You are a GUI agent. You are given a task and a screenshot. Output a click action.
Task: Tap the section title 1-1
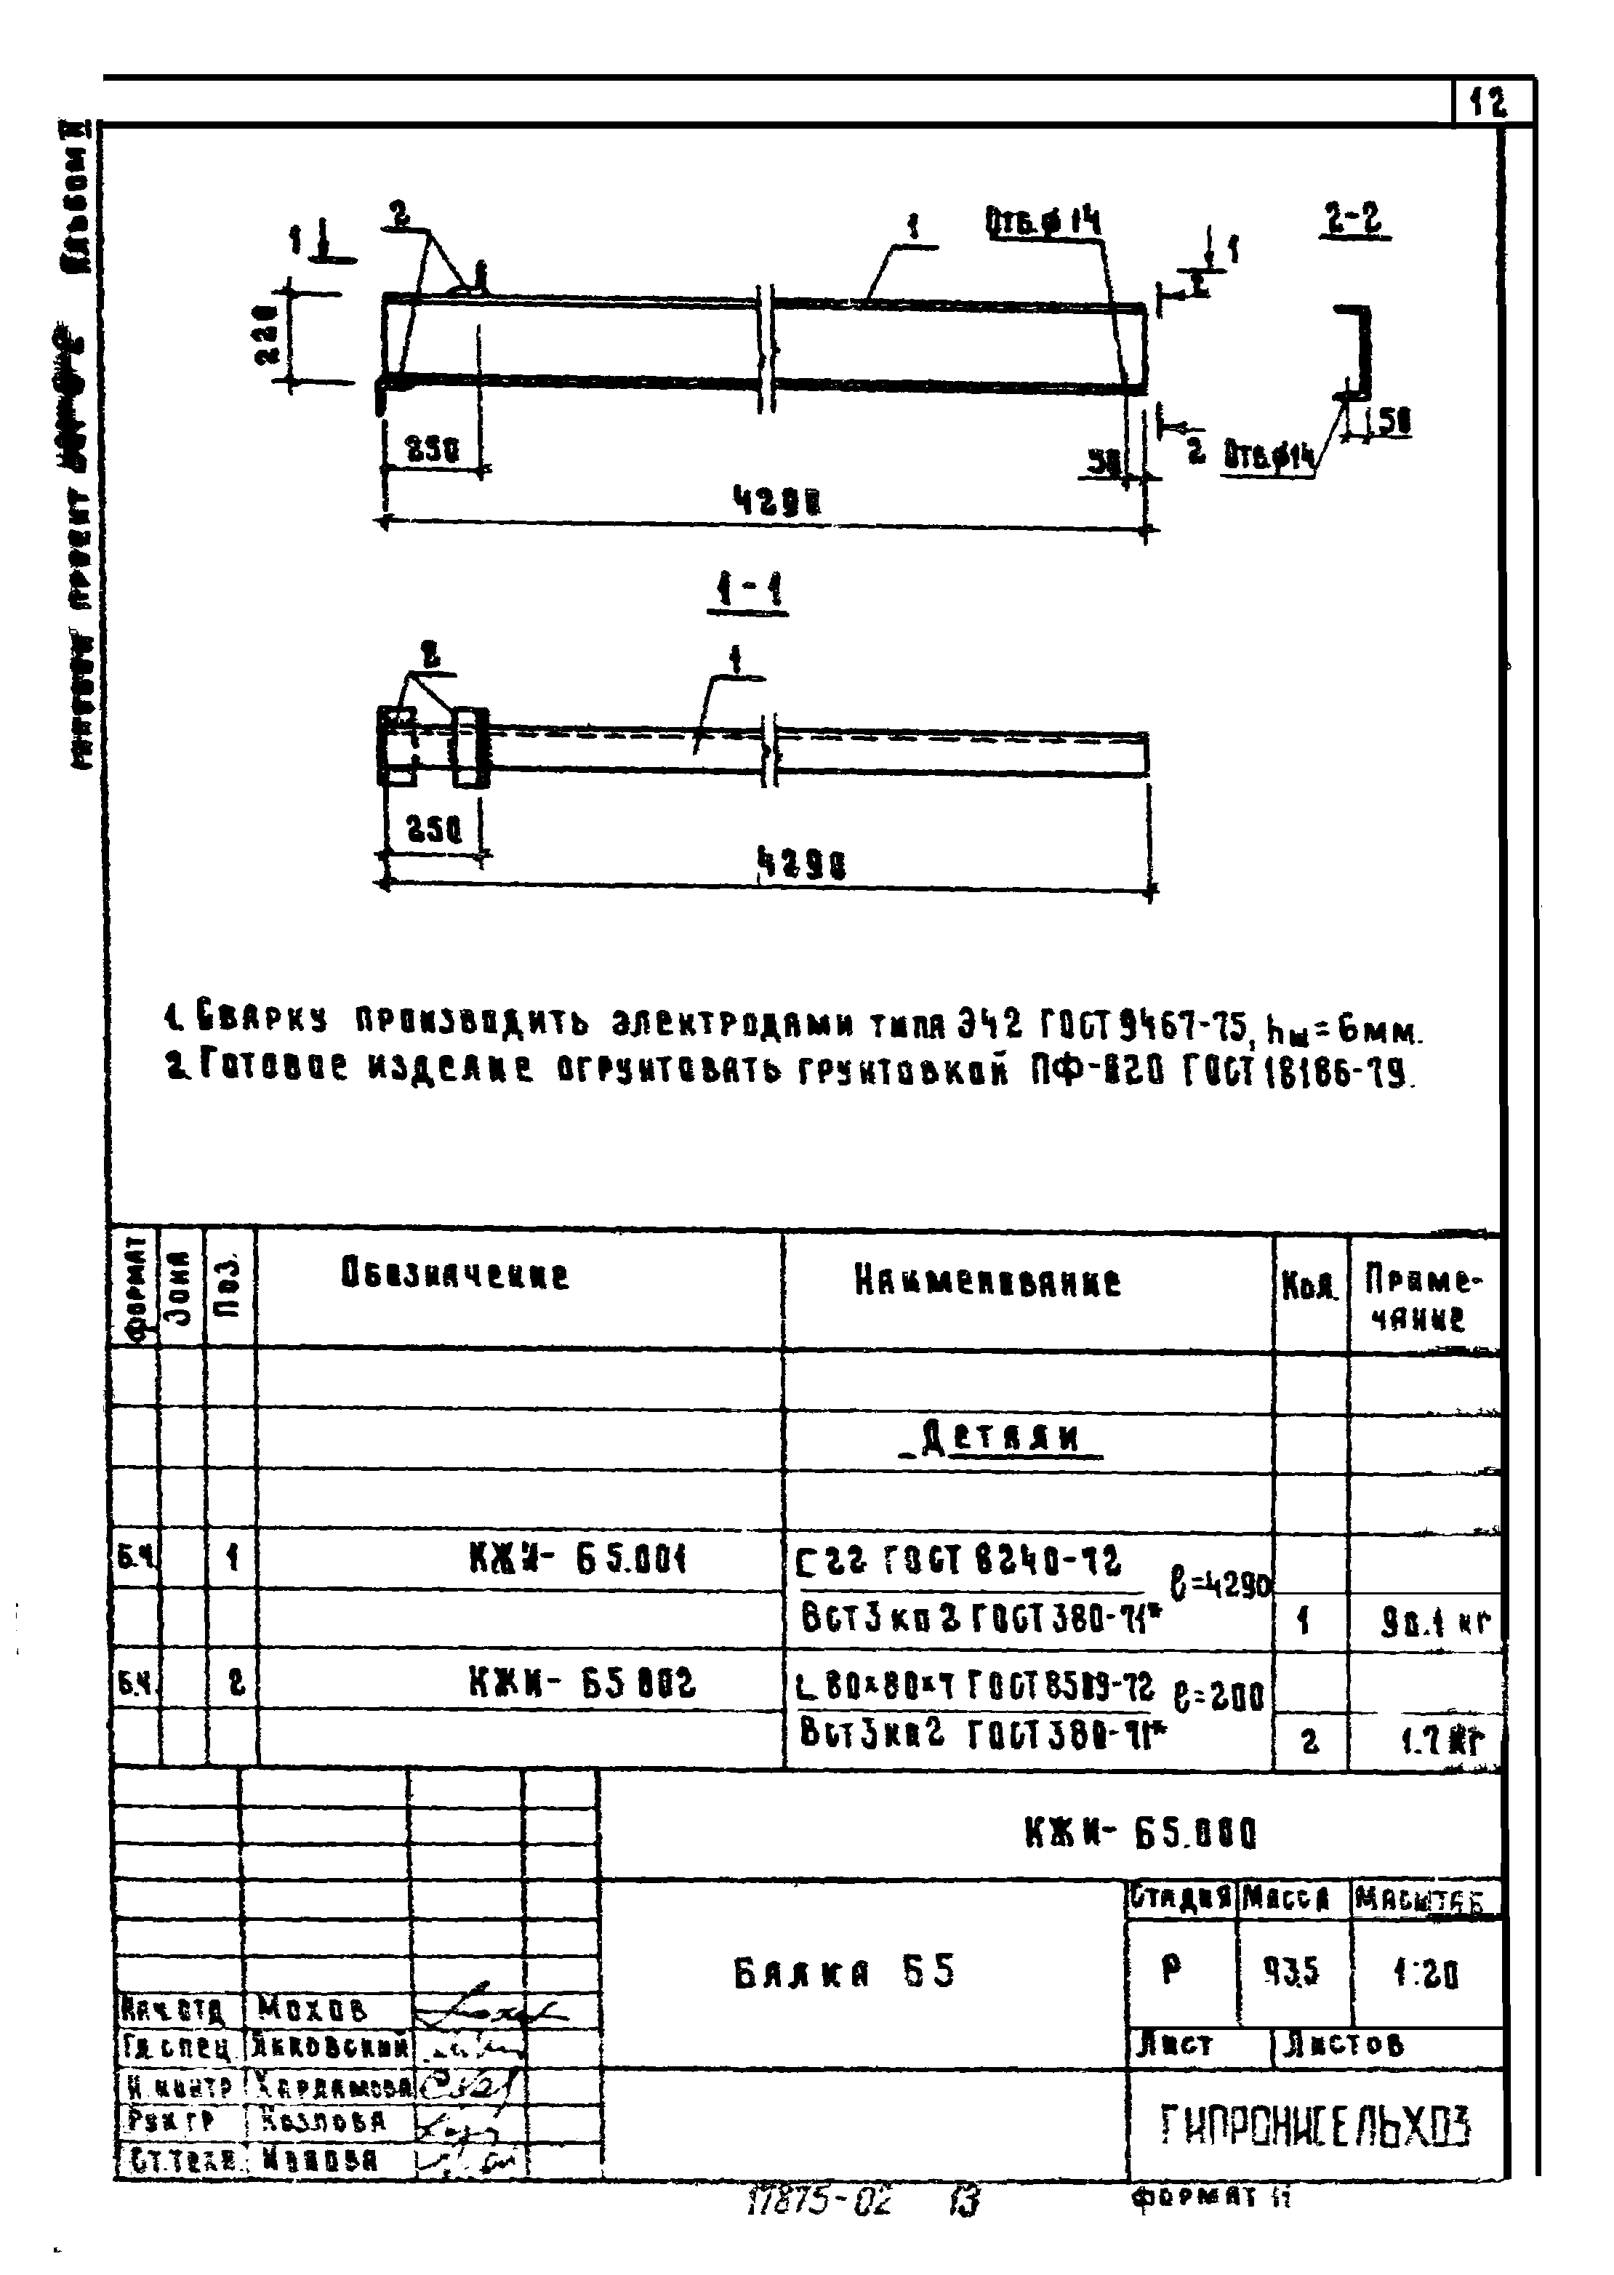pyautogui.click(x=748, y=593)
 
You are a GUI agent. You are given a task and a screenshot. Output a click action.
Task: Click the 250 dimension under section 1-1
pyautogui.click(x=433, y=829)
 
